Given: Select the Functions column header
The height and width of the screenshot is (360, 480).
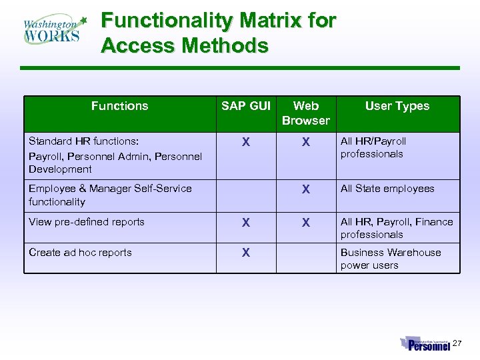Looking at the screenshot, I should tap(119, 106).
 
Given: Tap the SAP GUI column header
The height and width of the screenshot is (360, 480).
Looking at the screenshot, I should tap(246, 106).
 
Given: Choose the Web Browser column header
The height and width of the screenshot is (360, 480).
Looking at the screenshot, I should tap(305, 113).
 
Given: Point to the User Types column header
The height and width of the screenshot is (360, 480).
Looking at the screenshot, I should tap(397, 106).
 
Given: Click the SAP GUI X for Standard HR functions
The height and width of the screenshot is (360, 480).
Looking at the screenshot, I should tap(246, 142).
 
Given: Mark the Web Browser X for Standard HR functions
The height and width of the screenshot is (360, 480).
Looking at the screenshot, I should tap(305, 142).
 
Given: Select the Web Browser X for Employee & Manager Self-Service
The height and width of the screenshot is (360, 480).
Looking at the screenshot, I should tap(305, 189).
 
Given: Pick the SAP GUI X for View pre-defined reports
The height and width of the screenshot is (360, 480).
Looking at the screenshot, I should tap(246, 223).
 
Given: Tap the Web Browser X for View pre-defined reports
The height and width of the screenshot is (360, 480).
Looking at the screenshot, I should tap(305, 223).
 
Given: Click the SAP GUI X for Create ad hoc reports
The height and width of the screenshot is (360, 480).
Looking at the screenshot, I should tap(246, 253).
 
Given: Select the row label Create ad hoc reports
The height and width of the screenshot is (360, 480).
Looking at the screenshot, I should tap(80, 253).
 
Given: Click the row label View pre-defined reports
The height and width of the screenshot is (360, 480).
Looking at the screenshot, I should tap(87, 222).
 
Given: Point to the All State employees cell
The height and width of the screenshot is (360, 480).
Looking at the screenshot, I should tap(387, 189).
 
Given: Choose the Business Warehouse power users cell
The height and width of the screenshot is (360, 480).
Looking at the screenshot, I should tap(391, 259).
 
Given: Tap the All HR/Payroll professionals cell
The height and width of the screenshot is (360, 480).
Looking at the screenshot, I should tap(373, 147).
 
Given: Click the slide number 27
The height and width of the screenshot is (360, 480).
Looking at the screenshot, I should tap(457, 343).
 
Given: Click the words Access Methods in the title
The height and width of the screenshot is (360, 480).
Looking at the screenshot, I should tap(185, 46).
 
